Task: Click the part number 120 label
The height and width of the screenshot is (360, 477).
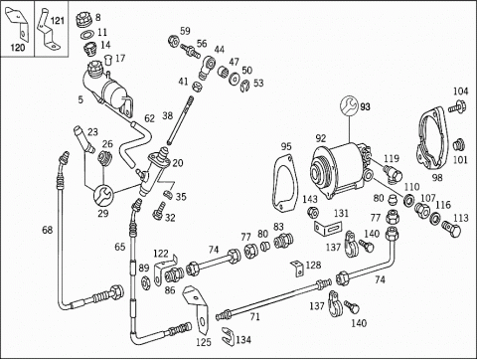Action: click(x=18, y=48)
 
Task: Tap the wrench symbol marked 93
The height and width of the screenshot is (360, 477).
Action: click(x=350, y=106)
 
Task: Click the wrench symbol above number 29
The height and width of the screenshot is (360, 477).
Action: click(x=103, y=196)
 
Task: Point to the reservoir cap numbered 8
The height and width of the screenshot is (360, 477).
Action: click(x=84, y=19)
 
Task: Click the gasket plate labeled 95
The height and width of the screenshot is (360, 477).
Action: click(x=284, y=183)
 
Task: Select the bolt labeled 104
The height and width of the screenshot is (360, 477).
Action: click(x=457, y=106)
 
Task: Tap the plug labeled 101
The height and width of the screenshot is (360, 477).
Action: click(x=459, y=145)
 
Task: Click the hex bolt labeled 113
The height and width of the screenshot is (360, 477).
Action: click(x=451, y=229)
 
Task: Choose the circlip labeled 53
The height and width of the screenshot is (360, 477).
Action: click(x=244, y=87)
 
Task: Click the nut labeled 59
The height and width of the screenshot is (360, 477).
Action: click(x=174, y=41)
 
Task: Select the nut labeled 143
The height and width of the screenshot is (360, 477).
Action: click(x=312, y=212)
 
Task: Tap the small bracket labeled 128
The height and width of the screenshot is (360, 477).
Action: click(x=297, y=269)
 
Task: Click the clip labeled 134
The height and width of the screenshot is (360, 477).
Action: click(x=229, y=335)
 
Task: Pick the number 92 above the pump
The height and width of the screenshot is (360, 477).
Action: click(x=321, y=138)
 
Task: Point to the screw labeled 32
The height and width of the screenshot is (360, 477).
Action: click(x=158, y=211)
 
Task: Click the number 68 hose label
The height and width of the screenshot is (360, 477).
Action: click(x=47, y=230)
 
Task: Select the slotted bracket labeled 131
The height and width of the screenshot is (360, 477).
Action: click(x=328, y=228)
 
